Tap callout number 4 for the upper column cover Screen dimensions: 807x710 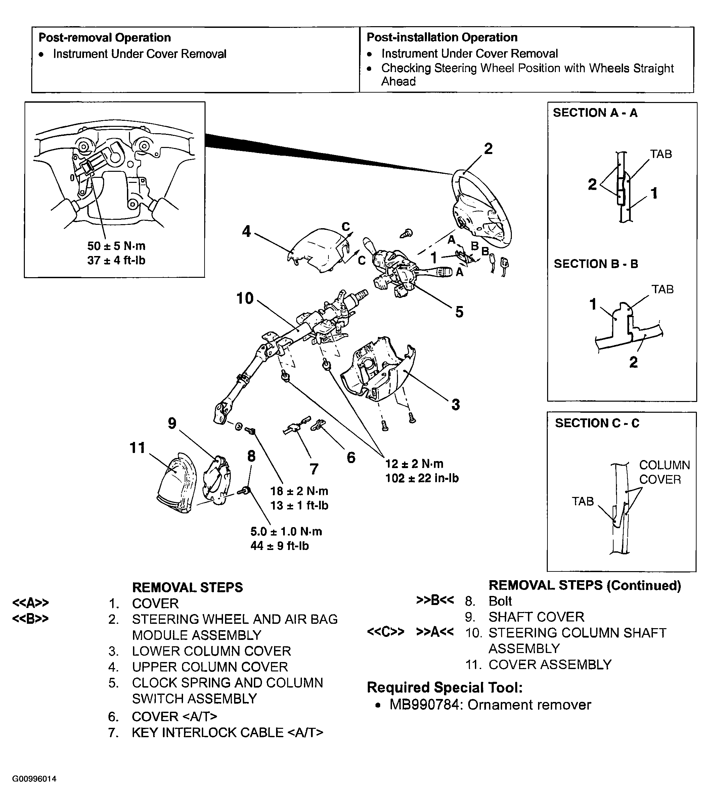[247, 231]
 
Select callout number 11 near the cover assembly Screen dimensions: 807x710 [137, 448]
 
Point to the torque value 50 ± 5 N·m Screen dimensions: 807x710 [116, 246]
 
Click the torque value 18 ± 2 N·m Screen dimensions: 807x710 [299, 491]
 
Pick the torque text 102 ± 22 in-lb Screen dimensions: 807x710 [422, 478]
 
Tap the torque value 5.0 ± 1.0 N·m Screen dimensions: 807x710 [286, 531]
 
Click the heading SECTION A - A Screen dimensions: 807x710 [595, 113]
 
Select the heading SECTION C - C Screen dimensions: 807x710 [597, 423]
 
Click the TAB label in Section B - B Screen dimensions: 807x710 [663, 289]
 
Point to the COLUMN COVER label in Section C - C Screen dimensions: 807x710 [664, 472]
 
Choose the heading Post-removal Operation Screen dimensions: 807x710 [105, 38]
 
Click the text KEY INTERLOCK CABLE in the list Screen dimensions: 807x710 [208, 733]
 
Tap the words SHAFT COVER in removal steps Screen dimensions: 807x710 [536, 617]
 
